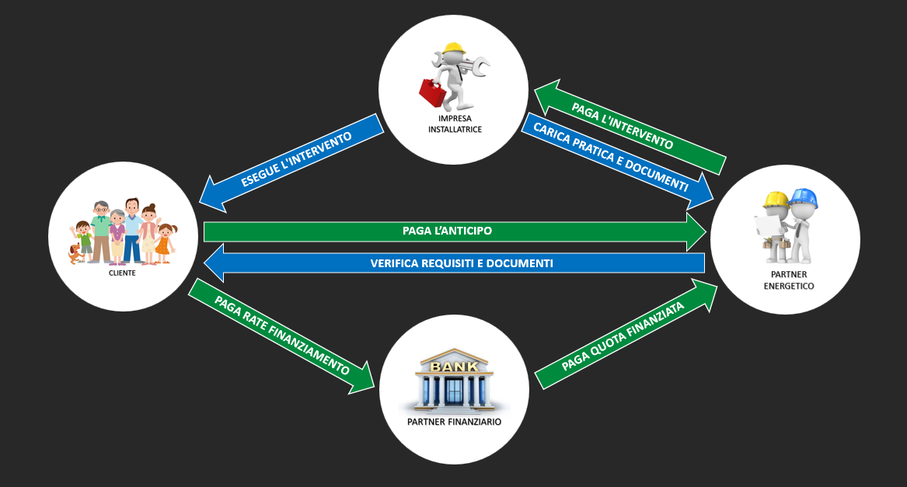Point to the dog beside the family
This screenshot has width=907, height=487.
click(75, 253)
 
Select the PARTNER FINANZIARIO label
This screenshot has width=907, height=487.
click(454, 422)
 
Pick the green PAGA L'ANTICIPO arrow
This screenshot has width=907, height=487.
click(451, 231)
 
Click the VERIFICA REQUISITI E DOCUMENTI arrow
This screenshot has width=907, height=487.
click(459, 263)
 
